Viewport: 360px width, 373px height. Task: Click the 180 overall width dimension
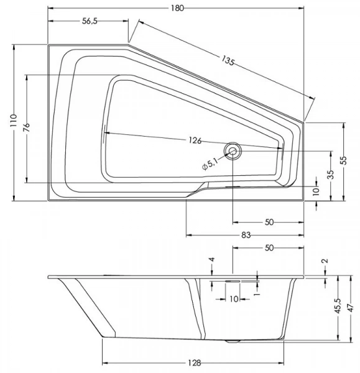pos(177,8)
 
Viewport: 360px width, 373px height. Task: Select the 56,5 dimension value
pos(90,21)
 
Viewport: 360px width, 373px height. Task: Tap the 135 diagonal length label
pos(228,60)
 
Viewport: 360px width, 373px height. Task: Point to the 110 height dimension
pos(14,121)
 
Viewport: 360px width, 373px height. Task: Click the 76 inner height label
pos(27,127)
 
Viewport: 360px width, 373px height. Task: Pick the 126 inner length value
pos(195,140)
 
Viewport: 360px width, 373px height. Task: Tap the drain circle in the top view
pos(233,151)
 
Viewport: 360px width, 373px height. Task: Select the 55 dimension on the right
pos(343,160)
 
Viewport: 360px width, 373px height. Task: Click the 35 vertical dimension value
pos(331,174)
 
